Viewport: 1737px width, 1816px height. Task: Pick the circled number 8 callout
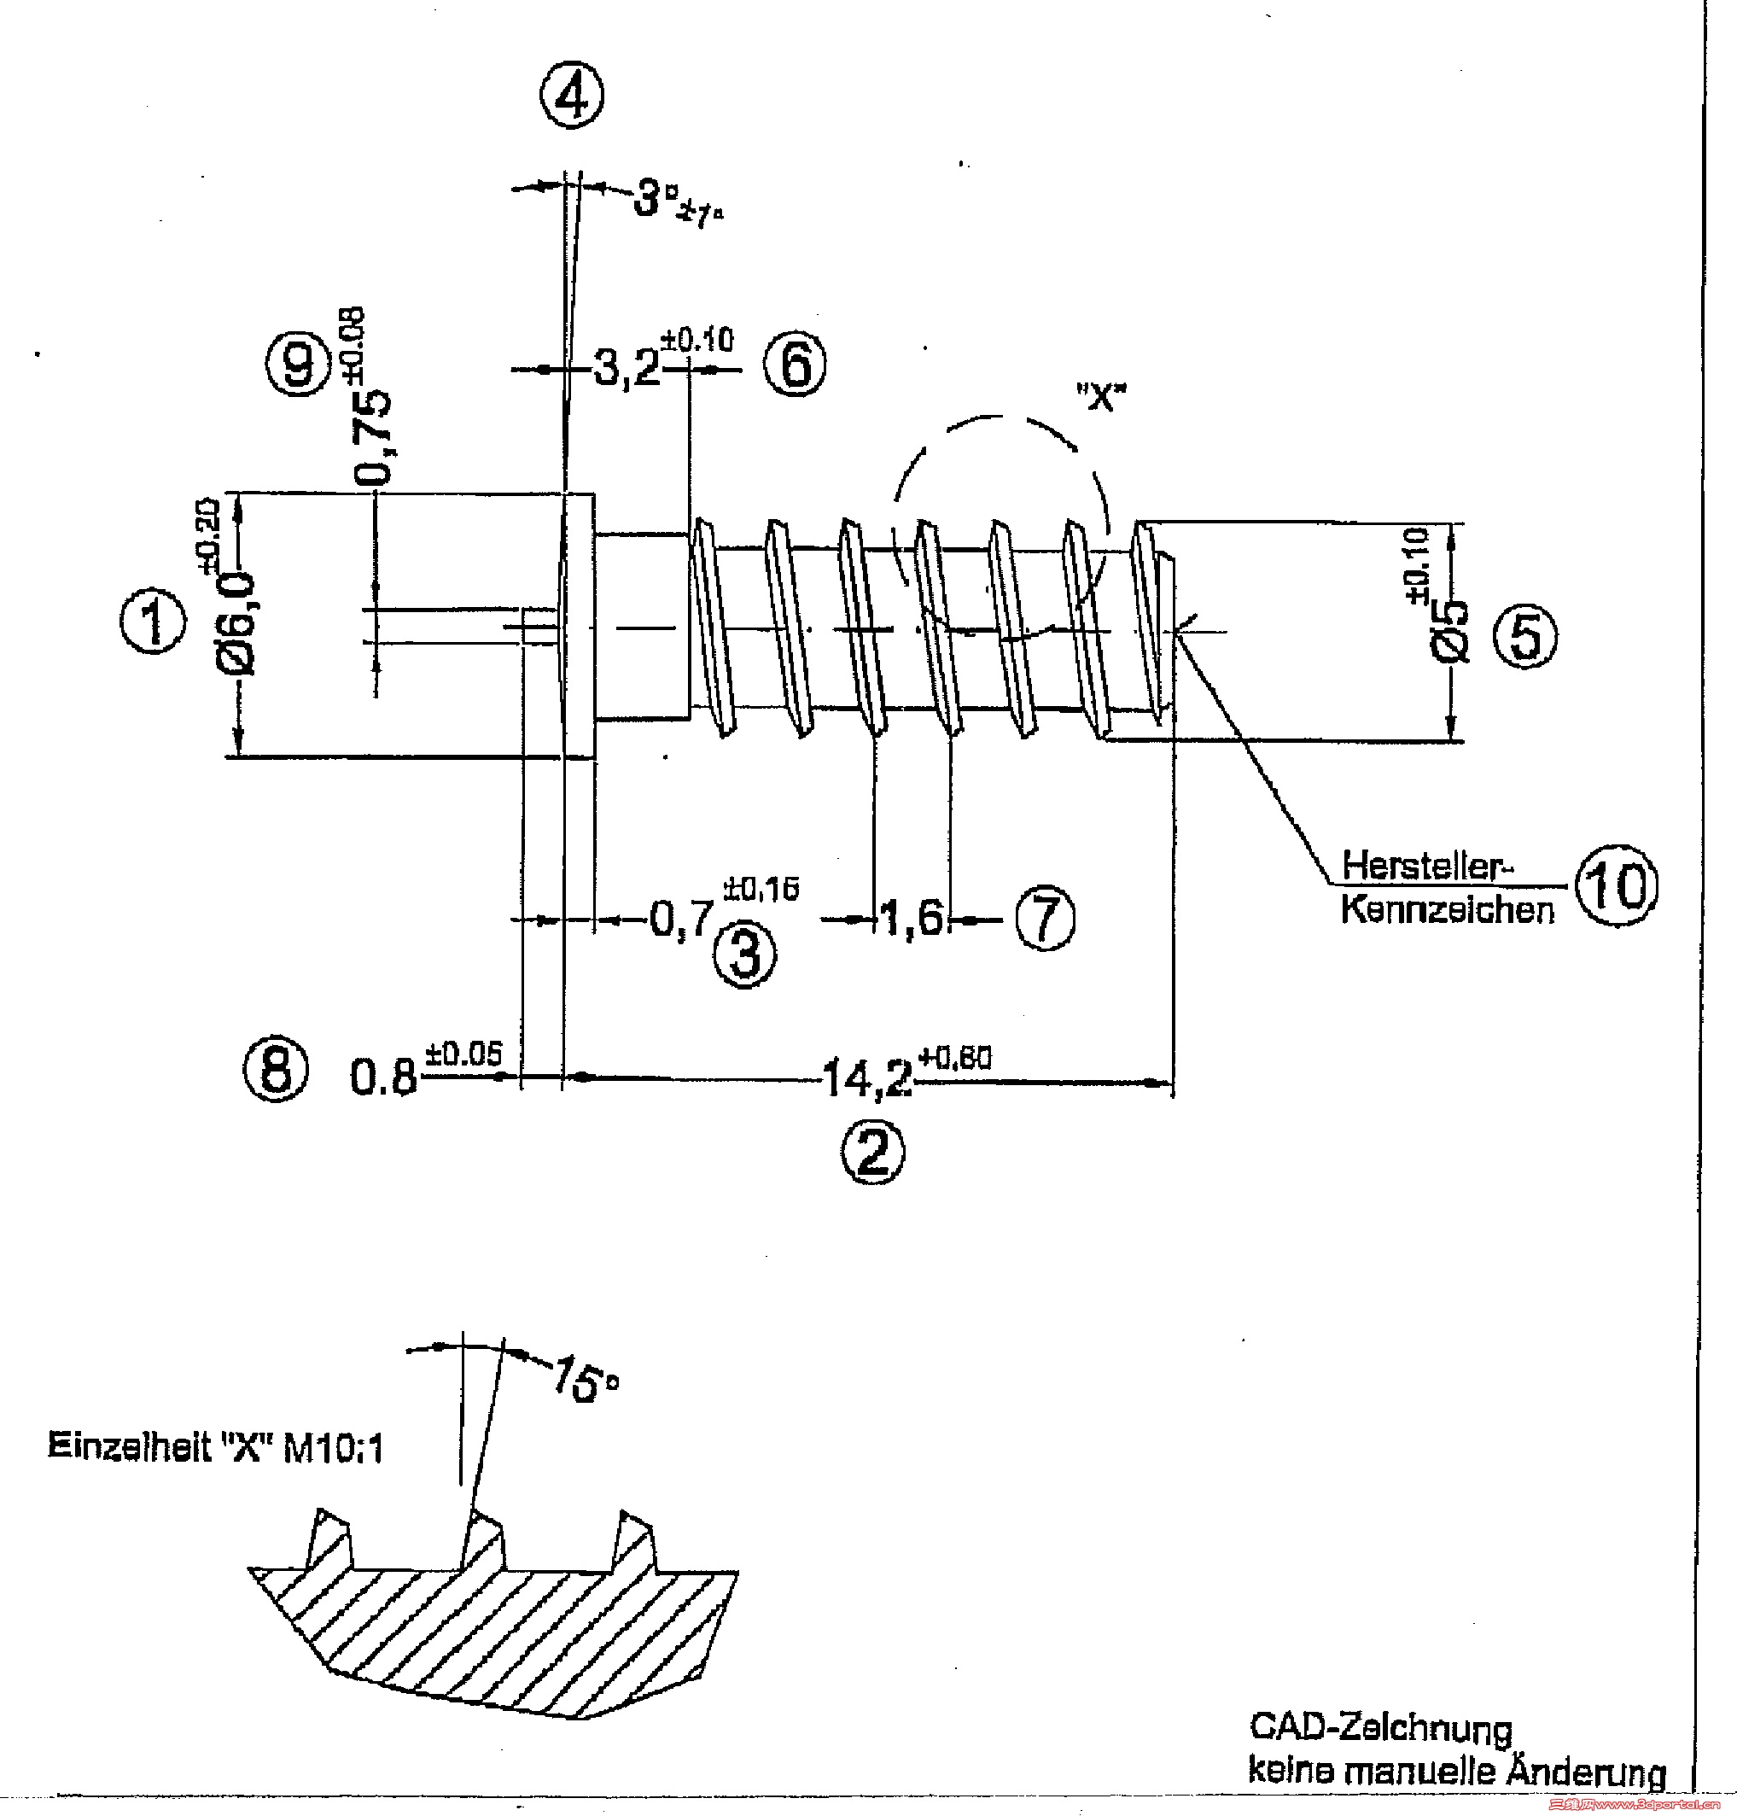pyautogui.click(x=275, y=1069)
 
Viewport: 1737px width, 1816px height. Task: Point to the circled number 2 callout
pyautogui.click(x=872, y=1152)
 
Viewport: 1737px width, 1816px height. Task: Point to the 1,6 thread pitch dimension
pyautogui.click(x=912, y=919)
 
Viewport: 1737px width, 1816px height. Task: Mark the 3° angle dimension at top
pyautogui.click(x=657, y=198)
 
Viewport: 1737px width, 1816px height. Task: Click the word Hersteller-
pyautogui.click(x=1426, y=865)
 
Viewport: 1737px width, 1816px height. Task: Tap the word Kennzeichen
pyautogui.click(x=1447, y=909)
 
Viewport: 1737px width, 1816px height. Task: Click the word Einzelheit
pyautogui.click(x=130, y=1445)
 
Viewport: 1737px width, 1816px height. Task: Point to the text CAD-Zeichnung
pyautogui.click(x=1380, y=1727)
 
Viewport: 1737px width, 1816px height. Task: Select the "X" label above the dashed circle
pyautogui.click(x=1100, y=397)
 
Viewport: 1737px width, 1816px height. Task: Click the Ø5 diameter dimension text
pyautogui.click(x=1450, y=631)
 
